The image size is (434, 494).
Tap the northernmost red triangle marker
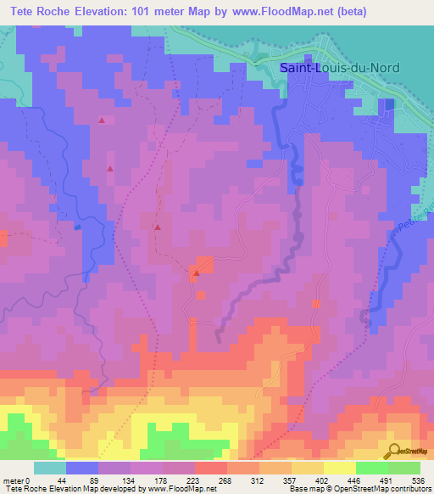click(x=102, y=121)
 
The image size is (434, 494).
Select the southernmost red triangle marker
click(x=195, y=273)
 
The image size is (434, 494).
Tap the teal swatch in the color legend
click(x=50, y=468)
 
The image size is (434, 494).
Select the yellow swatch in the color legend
click(x=340, y=468)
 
